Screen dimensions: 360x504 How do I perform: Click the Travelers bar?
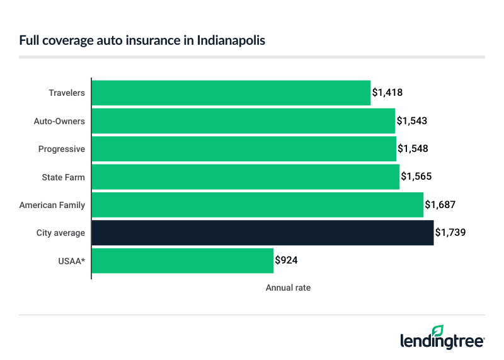[231, 93]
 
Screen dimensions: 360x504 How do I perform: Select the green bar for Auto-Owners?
[243, 120]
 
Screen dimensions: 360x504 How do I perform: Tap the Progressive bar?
[244, 149]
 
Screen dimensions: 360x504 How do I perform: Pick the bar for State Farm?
[246, 177]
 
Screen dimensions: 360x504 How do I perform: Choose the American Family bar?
[258, 205]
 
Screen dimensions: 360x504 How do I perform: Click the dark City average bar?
[263, 233]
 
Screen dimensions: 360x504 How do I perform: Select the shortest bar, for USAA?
[183, 260]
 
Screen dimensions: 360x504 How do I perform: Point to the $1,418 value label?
[387, 93]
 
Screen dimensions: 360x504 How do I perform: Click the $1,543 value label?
[412, 120]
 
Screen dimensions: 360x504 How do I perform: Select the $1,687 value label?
[440, 205]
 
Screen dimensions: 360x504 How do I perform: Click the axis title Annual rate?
[288, 287]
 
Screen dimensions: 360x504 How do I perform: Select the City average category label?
[60, 233]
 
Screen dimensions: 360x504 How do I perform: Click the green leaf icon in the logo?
[438, 330]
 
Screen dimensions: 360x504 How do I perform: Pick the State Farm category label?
[63, 177]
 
